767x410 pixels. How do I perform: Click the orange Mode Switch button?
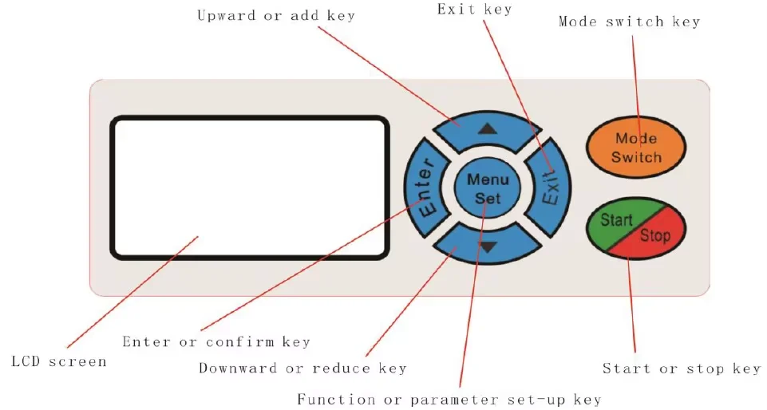(636, 148)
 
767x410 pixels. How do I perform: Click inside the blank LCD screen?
(249, 187)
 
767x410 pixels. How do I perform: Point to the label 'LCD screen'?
(59, 361)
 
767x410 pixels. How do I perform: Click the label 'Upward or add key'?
(276, 15)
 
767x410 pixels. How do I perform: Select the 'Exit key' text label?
(475, 9)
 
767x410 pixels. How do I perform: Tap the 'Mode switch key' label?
(629, 22)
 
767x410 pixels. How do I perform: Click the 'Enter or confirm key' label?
(215, 342)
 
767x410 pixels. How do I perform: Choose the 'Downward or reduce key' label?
(302, 369)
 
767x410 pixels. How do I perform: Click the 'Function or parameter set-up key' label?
(449, 399)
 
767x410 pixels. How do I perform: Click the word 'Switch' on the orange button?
(636, 157)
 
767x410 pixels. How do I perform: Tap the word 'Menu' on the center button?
(487, 180)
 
